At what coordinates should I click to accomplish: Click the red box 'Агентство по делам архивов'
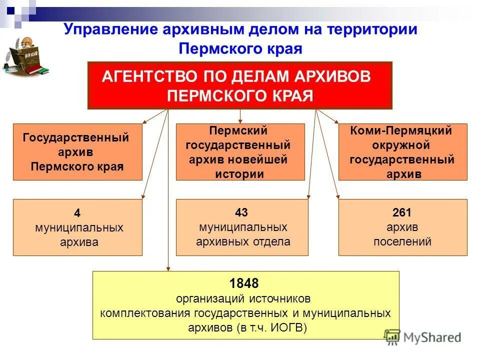point(240,85)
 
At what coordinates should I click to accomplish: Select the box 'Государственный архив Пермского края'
point(77,152)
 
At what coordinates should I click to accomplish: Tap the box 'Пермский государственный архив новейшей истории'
point(240,152)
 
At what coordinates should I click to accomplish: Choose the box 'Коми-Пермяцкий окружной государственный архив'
point(402,152)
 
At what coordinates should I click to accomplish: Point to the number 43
point(242,212)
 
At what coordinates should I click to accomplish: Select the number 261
point(402,212)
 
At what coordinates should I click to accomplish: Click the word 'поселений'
point(402,242)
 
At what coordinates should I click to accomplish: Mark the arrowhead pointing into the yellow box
point(168,269)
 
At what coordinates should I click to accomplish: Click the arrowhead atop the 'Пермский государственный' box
point(240,121)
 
